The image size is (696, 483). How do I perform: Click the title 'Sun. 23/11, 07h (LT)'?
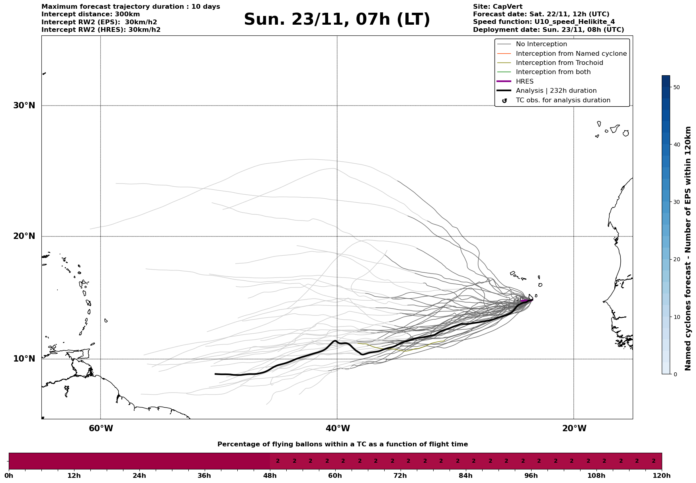337,20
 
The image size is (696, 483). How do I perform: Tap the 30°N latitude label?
24,106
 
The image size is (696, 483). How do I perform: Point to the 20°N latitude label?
24,236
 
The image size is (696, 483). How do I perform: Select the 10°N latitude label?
24,359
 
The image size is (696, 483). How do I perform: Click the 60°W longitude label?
101,428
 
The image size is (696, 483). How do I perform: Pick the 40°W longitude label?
338,428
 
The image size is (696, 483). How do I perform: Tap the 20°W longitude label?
574,428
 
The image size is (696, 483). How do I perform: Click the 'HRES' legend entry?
524,82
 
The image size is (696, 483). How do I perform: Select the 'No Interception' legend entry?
541,44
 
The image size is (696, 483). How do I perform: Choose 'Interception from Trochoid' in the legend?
559,63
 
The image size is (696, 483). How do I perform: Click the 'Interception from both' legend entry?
553,72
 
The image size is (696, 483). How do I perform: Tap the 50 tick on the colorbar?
676,87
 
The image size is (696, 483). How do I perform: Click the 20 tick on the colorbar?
676,260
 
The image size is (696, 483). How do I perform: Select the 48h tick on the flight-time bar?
270,475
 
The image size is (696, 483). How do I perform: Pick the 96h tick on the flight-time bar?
531,475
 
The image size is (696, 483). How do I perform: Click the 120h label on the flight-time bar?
661,475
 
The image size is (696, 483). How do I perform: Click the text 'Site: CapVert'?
497,7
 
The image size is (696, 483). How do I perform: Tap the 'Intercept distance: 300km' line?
90,14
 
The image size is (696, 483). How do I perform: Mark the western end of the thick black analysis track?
215,374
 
